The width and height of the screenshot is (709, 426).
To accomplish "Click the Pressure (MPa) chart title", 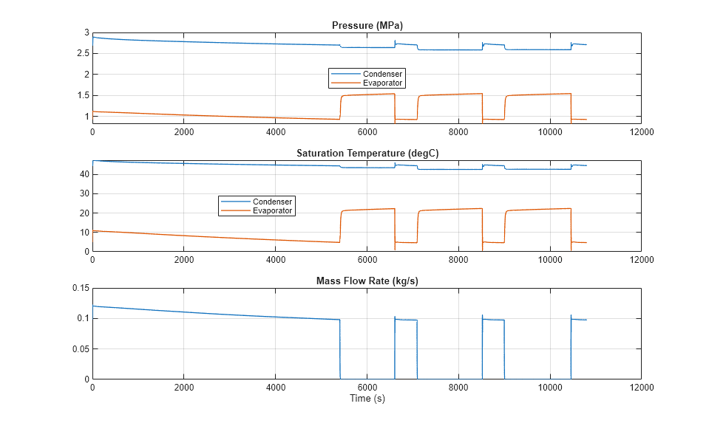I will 366,26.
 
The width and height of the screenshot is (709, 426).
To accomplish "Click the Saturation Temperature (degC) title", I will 366,154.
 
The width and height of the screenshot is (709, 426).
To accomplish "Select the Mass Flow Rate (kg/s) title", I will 366,281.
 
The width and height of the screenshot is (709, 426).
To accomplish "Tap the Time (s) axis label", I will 367,399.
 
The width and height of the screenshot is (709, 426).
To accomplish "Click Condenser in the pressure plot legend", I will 382,74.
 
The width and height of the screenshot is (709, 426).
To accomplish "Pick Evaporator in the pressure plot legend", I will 383,83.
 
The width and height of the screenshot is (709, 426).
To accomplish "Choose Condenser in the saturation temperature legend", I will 273,202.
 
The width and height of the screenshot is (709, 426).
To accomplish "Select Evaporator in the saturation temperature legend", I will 273,210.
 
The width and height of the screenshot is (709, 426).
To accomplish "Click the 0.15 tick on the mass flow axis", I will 79,288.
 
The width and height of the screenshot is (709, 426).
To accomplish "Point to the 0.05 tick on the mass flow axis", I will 79,348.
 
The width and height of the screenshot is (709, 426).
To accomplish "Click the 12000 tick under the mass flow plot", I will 641,387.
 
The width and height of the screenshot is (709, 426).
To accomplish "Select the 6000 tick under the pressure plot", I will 367,131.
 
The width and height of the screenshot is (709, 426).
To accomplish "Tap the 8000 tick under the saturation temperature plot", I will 458,259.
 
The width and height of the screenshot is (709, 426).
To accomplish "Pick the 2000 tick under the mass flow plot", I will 183,387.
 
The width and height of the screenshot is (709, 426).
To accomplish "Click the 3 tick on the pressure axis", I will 86,32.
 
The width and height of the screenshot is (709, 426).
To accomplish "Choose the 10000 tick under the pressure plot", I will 549,131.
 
